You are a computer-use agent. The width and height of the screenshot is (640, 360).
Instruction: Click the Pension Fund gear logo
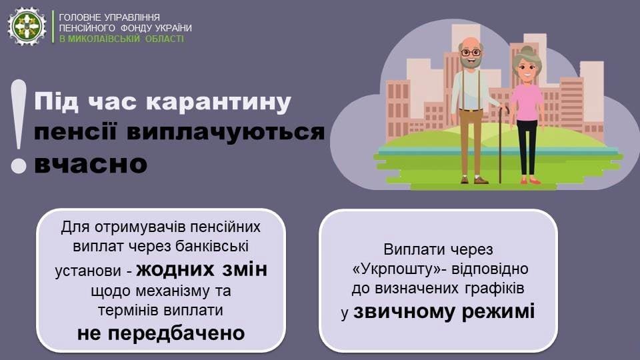coord(27,26)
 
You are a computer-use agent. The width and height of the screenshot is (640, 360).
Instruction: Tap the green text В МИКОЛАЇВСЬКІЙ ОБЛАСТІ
coord(121,39)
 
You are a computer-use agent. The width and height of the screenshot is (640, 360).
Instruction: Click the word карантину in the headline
coord(219,103)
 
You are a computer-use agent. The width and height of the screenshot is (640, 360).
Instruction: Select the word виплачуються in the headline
coord(226,132)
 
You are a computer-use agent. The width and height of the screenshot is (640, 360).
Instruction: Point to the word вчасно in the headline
coord(91,164)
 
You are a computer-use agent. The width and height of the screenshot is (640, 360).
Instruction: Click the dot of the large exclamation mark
coord(19,166)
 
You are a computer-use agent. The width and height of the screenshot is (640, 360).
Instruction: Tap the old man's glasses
coord(471,53)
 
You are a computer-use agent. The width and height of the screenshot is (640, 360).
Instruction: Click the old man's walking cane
coord(501,144)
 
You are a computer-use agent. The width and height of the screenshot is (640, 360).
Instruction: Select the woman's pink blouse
coord(526,103)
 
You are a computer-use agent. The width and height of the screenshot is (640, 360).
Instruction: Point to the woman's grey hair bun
coord(527,50)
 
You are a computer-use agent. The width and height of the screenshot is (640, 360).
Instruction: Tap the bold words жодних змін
coord(201,270)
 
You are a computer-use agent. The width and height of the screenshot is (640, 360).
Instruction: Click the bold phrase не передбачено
coord(161,333)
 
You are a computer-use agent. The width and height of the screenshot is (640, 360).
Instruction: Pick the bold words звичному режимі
coord(444,312)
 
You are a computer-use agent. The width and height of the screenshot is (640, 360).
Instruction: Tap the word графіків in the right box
coord(494,289)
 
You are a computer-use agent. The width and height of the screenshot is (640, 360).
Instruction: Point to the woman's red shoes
coord(530,181)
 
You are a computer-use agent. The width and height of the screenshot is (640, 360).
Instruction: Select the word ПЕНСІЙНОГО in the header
coord(87,28)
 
